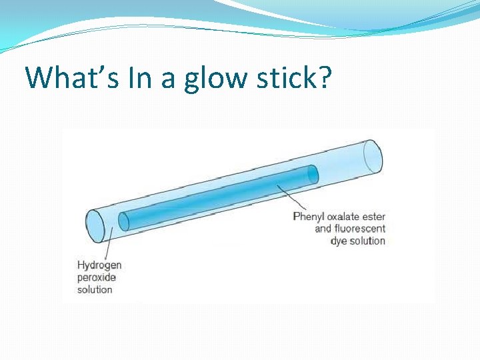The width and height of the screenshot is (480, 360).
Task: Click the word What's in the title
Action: (65, 77)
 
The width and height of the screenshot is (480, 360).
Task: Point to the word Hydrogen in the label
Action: (99, 265)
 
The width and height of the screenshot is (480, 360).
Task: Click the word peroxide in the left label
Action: (97, 277)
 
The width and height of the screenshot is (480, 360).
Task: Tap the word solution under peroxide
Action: (95, 289)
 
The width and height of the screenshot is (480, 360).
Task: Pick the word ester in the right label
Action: (375, 217)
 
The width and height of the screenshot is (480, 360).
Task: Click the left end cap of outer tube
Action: (95, 225)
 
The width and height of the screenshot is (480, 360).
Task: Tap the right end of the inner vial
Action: (311, 174)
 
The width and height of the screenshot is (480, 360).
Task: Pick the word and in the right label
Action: (323, 229)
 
